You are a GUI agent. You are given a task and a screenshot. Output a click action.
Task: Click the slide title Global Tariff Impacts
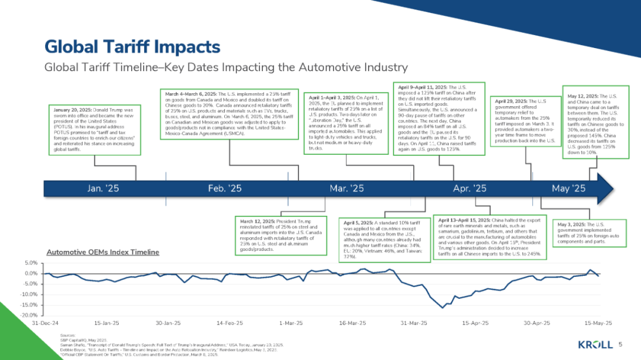[x=132, y=47]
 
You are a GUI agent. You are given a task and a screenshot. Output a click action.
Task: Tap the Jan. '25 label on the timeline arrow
[x=103, y=189]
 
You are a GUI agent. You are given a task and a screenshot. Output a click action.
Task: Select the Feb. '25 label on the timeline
[x=225, y=189]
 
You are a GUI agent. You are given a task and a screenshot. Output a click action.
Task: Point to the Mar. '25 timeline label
[x=347, y=189]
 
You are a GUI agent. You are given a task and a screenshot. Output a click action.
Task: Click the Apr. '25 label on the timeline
[x=469, y=189]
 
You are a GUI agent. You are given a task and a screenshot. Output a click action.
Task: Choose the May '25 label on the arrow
[x=569, y=189]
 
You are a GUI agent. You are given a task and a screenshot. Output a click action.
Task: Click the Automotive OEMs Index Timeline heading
[x=103, y=252]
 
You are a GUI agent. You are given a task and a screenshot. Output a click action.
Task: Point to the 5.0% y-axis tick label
[x=31, y=263]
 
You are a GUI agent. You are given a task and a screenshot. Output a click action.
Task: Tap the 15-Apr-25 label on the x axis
[x=475, y=323]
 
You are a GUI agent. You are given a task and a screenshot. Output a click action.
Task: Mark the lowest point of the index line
[x=442, y=308]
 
